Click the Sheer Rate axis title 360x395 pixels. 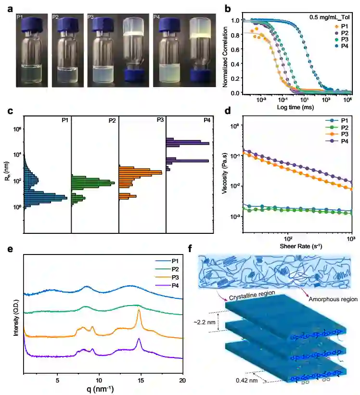click(x=299, y=246)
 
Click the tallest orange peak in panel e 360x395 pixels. click(x=139, y=311)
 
